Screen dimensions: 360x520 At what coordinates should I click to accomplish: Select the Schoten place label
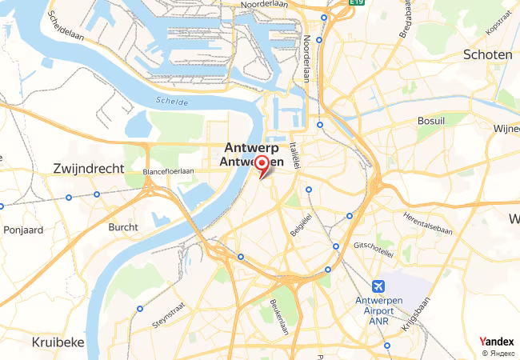pos(487,54)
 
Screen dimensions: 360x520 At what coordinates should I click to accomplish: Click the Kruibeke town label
pos(58,342)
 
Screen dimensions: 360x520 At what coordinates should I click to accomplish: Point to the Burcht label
pos(122,227)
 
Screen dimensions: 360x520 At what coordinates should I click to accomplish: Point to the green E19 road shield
pos(356,3)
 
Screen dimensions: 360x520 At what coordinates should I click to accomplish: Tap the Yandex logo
pos(496,342)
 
